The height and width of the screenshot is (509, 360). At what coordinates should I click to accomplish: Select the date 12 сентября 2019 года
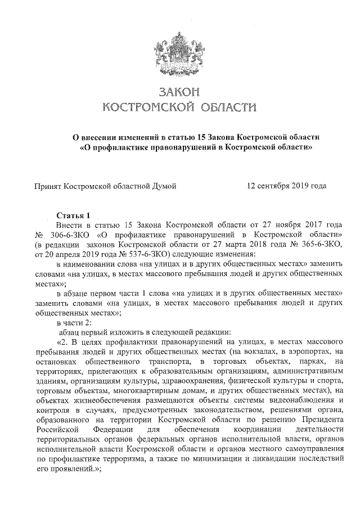pyautogui.click(x=287, y=184)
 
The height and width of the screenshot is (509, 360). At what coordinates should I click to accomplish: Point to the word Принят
pyautogui.click(x=48, y=184)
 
